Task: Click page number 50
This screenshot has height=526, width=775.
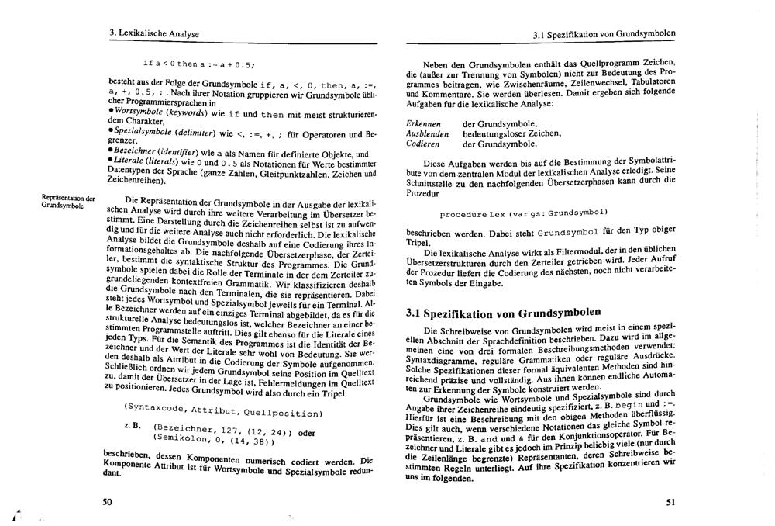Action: pyautogui.click(x=107, y=502)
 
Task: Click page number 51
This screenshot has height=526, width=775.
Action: pyautogui.click(x=670, y=502)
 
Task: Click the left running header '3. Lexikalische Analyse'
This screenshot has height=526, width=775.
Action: pyautogui.click(x=154, y=34)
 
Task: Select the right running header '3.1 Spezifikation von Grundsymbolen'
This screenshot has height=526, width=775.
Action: pyautogui.click(x=604, y=35)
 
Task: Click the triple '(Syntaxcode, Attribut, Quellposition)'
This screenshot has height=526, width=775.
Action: pyautogui.click(x=222, y=408)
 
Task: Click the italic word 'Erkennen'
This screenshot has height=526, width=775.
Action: pyautogui.click(x=424, y=123)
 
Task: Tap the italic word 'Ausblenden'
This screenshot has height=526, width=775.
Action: pyautogui.click(x=427, y=133)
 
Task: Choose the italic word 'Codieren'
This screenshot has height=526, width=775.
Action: pyautogui.click(x=423, y=144)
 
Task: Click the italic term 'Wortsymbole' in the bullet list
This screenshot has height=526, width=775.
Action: pyautogui.click(x=136, y=112)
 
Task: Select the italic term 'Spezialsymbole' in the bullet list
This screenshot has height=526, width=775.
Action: pyautogui.click(x=140, y=133)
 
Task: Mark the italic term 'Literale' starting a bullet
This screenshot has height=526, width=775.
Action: pyautogui.click(x=128, y=161)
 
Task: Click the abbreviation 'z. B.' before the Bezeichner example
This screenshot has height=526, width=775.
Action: pyautogui.click(x=132, y=427)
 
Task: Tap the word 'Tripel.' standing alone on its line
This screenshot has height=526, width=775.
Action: pyautogui.click(x=418, y=241)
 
